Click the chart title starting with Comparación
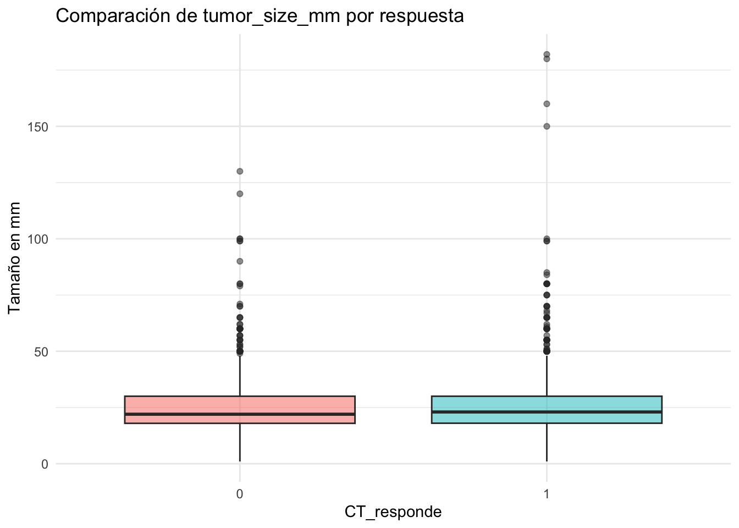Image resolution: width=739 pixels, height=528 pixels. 260,16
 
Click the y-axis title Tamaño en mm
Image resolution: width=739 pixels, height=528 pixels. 15,258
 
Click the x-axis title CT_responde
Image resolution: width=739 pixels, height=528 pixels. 393,512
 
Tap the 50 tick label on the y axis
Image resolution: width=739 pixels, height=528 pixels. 41,351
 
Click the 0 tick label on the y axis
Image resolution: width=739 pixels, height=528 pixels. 45,464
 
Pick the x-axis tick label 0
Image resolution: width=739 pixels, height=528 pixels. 240,494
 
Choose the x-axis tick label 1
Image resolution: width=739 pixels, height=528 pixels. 547,494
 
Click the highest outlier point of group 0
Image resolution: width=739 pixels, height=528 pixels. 240,171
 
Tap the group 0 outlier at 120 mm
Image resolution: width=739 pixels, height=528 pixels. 240,194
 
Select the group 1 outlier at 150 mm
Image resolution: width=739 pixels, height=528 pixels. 547,126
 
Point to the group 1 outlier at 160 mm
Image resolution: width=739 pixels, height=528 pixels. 547,103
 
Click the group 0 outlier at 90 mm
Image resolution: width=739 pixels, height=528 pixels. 240,261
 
